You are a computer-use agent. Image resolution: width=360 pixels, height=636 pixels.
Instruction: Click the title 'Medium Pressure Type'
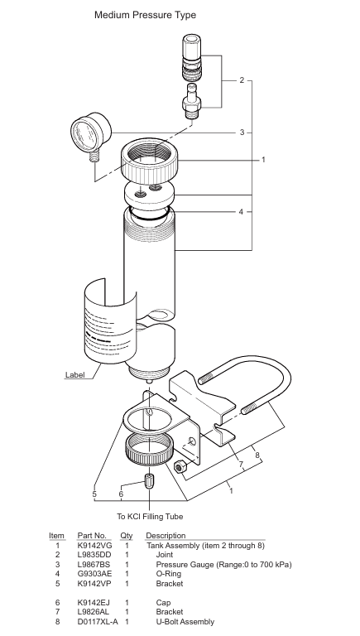(145, 15)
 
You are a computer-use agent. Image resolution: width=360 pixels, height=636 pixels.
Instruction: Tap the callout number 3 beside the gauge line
(242, 132)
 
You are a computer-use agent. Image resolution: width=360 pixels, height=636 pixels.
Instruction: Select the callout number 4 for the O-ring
(241, 212)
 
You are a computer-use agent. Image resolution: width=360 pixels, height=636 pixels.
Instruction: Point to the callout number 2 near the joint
(242, 80)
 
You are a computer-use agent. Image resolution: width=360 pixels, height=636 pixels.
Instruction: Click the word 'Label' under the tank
(75, 375)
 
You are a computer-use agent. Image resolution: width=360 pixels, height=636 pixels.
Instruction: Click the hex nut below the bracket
(179, 467)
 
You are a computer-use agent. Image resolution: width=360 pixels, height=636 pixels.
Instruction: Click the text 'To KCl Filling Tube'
(150, 517)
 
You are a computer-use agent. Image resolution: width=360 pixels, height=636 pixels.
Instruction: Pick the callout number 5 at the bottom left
(94, 494)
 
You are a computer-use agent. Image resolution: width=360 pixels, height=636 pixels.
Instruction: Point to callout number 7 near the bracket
(241, 464)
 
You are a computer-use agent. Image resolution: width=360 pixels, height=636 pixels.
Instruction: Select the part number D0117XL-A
(98, 621)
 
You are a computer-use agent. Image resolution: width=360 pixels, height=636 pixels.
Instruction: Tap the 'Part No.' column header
(92, 536)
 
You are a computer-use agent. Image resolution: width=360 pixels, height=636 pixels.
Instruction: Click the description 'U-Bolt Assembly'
(185, 621)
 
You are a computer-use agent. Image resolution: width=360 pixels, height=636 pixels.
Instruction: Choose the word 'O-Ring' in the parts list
(169, 574)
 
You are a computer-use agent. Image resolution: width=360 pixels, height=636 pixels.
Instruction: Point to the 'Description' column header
(166, 536)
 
